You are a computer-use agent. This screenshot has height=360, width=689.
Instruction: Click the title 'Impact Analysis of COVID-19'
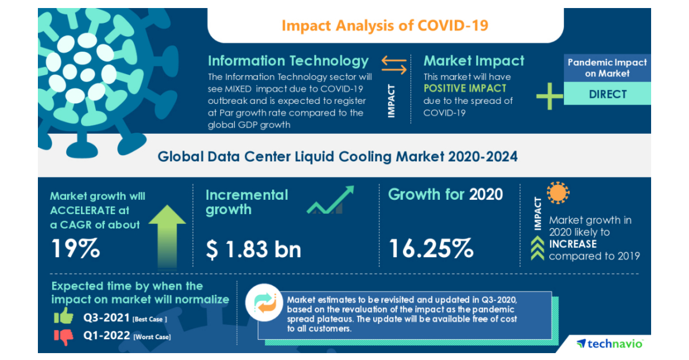(385, 25)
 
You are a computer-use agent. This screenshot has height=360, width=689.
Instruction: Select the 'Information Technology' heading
(288, 61)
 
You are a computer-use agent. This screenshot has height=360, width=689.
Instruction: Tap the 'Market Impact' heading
(474, 61)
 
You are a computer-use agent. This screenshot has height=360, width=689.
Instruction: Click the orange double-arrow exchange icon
(394, 64)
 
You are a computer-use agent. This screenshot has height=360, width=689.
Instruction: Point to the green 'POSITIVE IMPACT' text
(465, 88)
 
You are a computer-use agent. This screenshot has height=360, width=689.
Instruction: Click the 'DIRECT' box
(607, 94)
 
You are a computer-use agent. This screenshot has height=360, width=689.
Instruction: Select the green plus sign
(549, 95)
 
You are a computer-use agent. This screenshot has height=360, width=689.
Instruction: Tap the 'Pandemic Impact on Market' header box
(607, 68)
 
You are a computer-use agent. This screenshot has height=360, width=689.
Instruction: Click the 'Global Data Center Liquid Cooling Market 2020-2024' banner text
(338, 156)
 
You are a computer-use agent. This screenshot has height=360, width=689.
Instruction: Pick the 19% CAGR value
(76, 249)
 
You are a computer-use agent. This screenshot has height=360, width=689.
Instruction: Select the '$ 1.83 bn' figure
(253, 249)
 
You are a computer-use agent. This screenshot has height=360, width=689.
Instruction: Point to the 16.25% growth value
(431, 249)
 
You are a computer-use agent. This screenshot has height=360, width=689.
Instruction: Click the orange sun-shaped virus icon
(558, 194)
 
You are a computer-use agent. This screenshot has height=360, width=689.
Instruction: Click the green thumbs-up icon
(63, 316)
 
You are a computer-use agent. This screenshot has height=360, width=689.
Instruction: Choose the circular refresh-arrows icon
(266, 305)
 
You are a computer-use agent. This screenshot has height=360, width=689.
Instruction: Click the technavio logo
(610, 343)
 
